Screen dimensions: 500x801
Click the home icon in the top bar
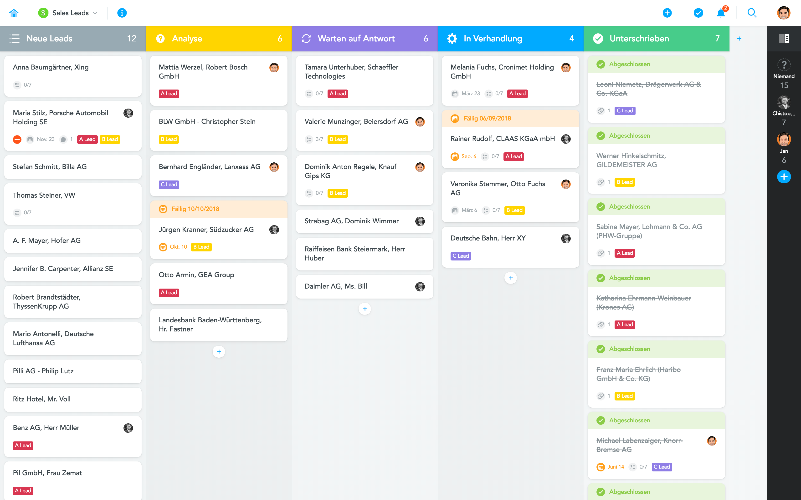coord(14,13)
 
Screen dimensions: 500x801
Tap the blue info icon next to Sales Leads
coord(122,13)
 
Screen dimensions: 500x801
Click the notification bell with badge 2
coord(721,13)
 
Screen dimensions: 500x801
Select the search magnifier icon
coord(752,13)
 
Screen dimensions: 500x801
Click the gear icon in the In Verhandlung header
coord(452,39)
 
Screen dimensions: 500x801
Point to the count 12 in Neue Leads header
coord(131,39)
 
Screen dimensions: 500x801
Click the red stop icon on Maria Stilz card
coord(17,140)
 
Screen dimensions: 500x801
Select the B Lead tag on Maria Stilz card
coord(110,140)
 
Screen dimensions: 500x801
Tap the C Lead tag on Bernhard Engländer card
coord(169,185)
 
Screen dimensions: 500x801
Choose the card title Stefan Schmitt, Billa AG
coord(50,167)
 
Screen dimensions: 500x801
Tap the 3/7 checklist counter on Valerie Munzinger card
coord(319,140)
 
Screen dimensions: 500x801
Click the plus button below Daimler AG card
coord(365,309)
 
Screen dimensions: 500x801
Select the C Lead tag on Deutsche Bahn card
coord(460,256)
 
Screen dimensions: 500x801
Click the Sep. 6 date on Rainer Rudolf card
coord(468,156)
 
